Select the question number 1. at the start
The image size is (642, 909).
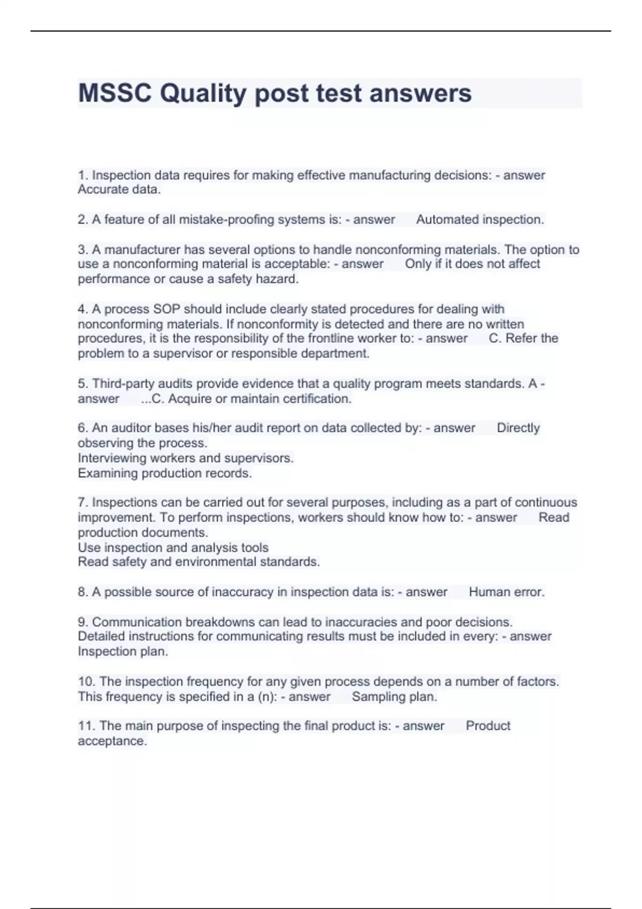[x=83, y=175]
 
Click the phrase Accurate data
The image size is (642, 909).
[x=119, y=189]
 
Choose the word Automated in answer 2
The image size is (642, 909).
[x=447, y=220]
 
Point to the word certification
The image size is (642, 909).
[x=317, y=399]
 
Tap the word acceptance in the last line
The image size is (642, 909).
[x=112, y=741]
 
